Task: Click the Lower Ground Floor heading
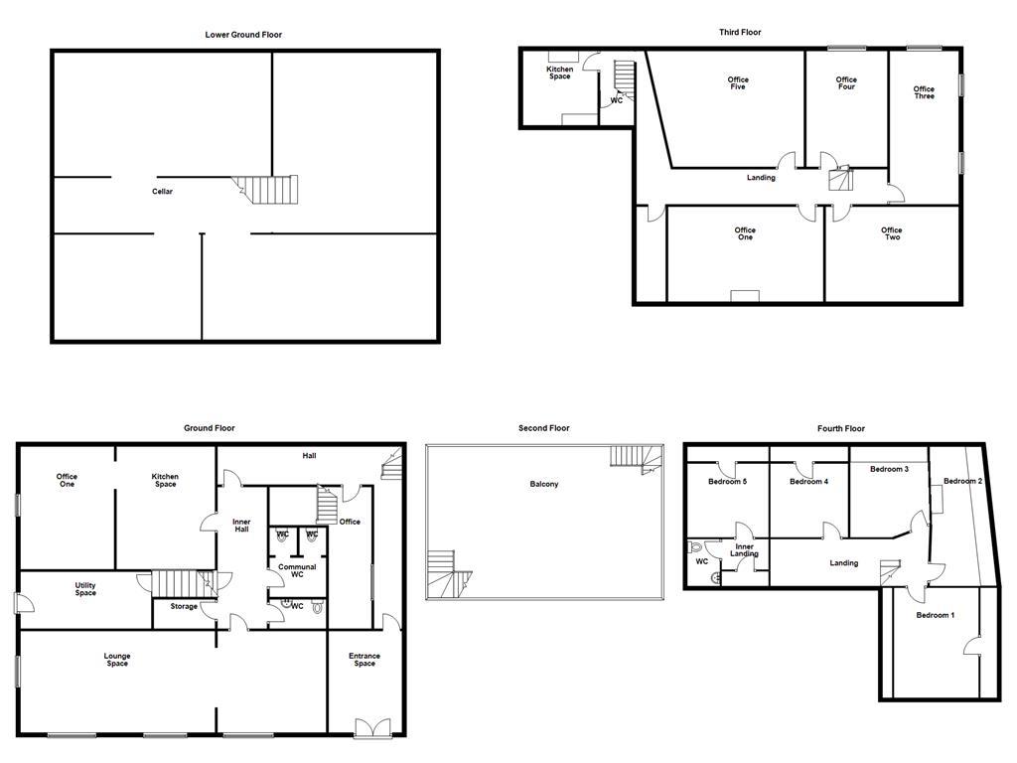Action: [x=243, y=35]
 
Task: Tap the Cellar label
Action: [x=162, y=192]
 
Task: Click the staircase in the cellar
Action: [x=270, y=189]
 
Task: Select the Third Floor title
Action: [x=741, y=33]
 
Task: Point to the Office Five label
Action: [x=737, y=83]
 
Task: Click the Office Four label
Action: [x=846, y=83]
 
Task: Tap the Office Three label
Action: [x=924, y=93]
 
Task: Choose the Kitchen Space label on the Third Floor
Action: [x=560, y=73]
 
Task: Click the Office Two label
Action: [x=892, y=233]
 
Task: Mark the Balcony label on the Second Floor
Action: [x=544, y=485]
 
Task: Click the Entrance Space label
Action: [x=364, y=660]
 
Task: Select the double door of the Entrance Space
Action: [x=373, y=728]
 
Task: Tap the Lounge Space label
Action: [x=117, y=660]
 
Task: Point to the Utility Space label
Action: [x=85, y=589]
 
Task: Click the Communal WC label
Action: [x=297, y=571]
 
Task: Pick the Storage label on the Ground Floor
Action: [x=184, y=606]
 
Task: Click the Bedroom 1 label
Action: [x=935, y=615]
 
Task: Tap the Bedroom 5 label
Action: [x=727, y=482]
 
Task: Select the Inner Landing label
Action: [x=745, y=549]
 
